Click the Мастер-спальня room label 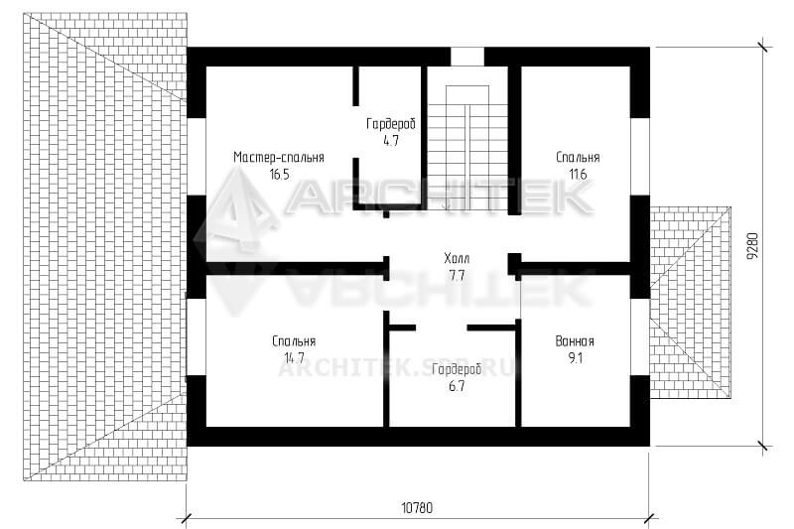[x=279, y=157]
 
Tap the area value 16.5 [x=279, y=175]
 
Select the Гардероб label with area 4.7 [x=391, y=123]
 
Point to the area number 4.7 [x=391, y=141]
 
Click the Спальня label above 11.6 [x=578, y=157]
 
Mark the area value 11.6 [x=578, y=175]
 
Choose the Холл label [x=457, y=259]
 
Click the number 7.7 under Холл [x=457, y=276]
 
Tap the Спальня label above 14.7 [x=294, y=341]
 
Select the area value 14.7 [x=294, y=358]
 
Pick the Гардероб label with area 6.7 [x=457, y=369]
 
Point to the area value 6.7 [x=457, y=386]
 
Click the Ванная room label [x=575, y=340]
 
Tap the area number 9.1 [x=576, y=358]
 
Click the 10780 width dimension [x=417, y=507]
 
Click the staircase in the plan [x=467, y=144]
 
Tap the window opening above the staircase [x=467, y=57]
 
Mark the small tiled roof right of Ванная [x=691, y=303]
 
